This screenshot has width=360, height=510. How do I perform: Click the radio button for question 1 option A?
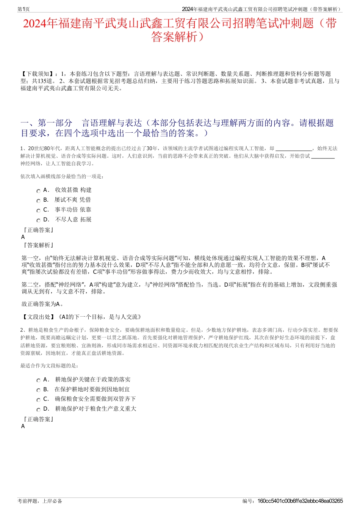[38, 191]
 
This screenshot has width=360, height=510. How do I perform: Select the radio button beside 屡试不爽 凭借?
[38, 201]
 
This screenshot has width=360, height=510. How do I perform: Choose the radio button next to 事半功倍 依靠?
[38, 211]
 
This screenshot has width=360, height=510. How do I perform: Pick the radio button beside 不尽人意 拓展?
[38, 221]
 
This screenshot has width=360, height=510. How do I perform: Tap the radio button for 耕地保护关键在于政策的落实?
[38, 380]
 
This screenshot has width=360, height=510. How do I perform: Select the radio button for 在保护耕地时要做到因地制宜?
[38, 390]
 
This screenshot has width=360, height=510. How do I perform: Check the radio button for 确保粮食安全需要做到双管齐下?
[38, 400]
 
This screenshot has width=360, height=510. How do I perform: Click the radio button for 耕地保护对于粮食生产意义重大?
[38, 410]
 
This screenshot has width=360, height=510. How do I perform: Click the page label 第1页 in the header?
[23, 9]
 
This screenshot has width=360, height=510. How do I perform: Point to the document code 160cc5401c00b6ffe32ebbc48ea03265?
[300, 501]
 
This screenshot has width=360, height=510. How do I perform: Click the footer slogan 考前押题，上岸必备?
[40, 501]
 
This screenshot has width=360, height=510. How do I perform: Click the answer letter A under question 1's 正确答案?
[23, 237]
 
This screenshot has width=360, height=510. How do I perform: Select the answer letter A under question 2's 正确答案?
[23, 426]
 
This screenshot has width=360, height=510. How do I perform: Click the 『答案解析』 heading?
[38, 245]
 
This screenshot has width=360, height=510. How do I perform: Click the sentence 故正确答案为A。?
[42, 304]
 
